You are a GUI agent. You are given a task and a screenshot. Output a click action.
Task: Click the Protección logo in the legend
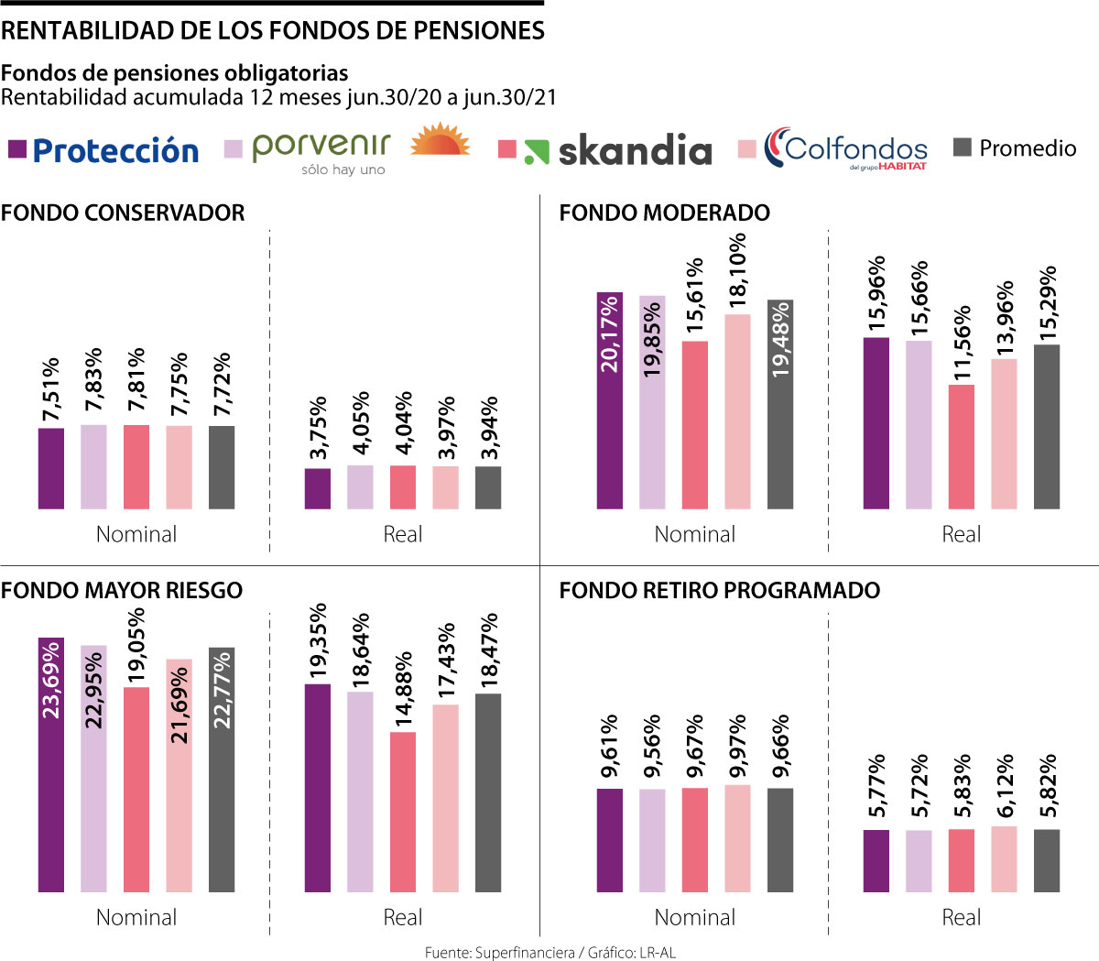click(115, 150)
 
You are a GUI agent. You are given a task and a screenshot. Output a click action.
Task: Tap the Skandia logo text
click(635, 150)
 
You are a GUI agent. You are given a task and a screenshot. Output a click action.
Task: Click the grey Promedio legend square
click(962, 147)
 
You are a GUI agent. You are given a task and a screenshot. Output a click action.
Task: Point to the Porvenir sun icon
click(440, 143)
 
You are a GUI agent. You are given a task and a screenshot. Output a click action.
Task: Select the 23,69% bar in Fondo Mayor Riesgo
click(51, 764)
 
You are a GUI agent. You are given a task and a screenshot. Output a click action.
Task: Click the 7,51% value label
click(51, 390)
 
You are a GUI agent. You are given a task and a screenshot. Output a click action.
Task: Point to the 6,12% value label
click(1005, 786)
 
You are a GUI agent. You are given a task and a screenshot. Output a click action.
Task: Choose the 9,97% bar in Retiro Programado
click(737, 837)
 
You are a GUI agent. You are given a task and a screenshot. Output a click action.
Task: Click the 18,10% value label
click(737, 269)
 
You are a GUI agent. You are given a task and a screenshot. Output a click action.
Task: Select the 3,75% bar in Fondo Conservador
click(318, 488)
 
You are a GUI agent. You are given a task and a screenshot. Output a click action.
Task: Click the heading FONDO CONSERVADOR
click(123, 213)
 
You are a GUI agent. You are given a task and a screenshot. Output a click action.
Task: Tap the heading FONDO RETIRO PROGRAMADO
click(719, 590)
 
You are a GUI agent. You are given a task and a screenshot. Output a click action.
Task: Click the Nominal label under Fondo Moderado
click(694, 534)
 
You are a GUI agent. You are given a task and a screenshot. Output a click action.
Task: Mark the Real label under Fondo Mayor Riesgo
click(402, 917)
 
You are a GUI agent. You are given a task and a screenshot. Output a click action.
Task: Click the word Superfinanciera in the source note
click(525, 953)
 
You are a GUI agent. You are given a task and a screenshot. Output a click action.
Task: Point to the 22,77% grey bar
click(222, 770)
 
